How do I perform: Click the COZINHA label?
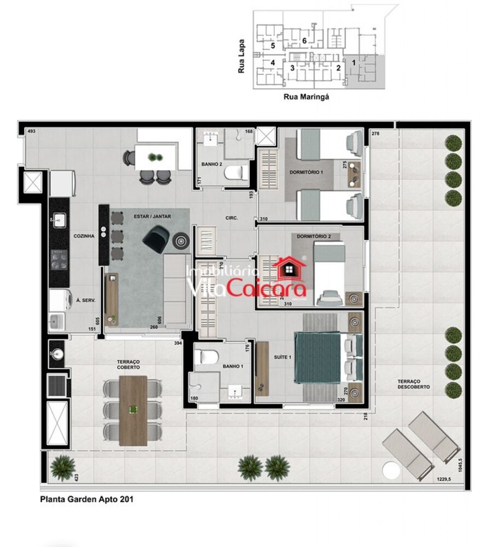coord(85,236)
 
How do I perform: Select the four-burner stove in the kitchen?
coord(58,260)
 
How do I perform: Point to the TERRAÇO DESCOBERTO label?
coord(413,383)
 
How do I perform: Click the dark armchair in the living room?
coord(155,239)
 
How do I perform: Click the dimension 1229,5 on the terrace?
coord(443,480)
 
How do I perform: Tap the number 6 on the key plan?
coord(304,41)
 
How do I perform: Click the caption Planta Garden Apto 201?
coord(86,499)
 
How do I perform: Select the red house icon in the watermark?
coord(291,267)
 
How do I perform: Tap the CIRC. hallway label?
coord(231,218)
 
